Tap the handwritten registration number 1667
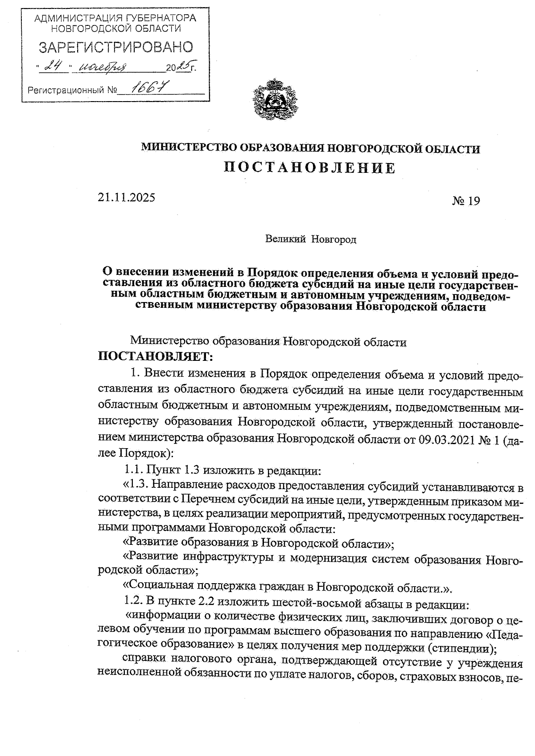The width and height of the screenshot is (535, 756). pos(143,88)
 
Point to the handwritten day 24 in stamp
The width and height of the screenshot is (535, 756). pos(54,67)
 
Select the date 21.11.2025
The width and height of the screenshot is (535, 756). pos(127,196)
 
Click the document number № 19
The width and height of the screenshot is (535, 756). pos(465,201)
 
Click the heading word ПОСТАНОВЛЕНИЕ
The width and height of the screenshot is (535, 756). pos(309,168)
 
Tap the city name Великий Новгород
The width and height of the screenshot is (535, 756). pos(311,240)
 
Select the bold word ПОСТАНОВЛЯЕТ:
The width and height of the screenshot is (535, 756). pos(156,356)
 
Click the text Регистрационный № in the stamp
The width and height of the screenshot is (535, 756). pos(72,91)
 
